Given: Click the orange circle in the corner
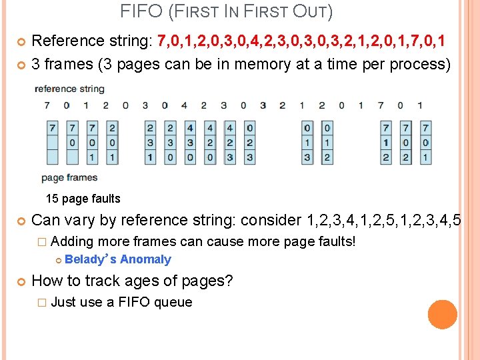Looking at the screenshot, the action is point(443,315).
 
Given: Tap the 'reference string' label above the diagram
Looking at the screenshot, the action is point(69,89).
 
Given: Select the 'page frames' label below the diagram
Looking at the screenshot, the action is point(69,177).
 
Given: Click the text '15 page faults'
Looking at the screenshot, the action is point(83,199).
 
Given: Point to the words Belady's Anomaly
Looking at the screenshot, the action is point(118,259).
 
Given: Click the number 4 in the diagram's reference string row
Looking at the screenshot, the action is point(184,105).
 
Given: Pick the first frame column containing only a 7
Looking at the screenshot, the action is point(52,143).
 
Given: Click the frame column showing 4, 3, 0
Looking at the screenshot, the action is point(190,143).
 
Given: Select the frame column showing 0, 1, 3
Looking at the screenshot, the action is point(307,143).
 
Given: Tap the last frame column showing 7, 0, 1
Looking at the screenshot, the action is point(425,143).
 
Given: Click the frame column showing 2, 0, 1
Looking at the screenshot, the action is point(111,143).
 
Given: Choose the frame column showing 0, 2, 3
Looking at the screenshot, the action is point(249,143).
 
